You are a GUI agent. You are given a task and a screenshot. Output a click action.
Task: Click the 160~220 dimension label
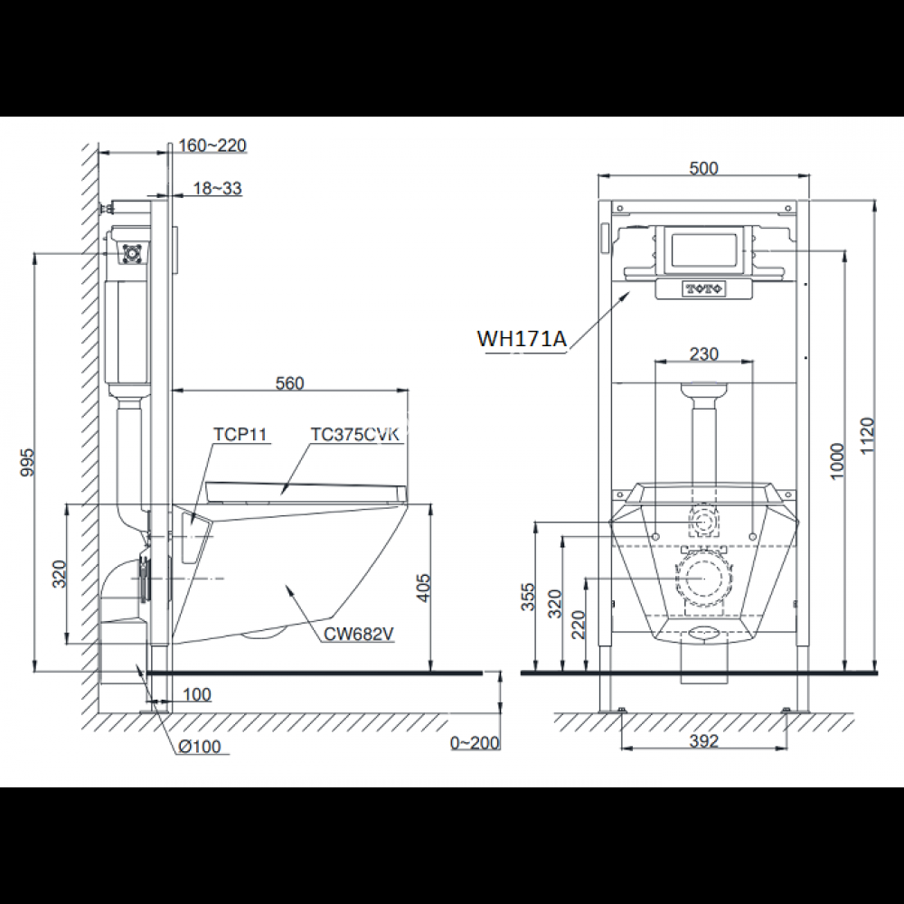pyautogui.click(x=212, y=146)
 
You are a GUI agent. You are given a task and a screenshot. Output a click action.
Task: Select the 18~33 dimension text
pyautogui.click(x=216, y=188)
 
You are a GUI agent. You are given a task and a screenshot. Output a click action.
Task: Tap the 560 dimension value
pyautogui.click(x=289, y=382)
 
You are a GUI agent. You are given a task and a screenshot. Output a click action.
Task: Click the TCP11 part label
pyautogui.click(x=240, y=435)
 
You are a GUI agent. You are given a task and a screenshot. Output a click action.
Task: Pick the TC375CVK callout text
pyautogui.click(x=354, y=435)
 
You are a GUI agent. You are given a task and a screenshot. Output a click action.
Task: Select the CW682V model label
pyautogui.click(x=360, y=634)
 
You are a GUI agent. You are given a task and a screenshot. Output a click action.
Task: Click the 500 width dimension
pyautogui.click(x=703, y=168)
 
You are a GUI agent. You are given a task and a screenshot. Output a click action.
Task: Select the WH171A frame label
pyautogui.click(x=522, y=339)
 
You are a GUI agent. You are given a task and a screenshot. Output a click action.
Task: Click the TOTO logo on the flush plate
pyautogui.click(x=703, y=289)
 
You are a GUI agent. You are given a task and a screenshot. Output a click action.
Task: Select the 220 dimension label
pyautogui.click(x=577, y=624)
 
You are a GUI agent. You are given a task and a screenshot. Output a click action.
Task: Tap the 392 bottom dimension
pyautogui.click(x=703, y=741)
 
